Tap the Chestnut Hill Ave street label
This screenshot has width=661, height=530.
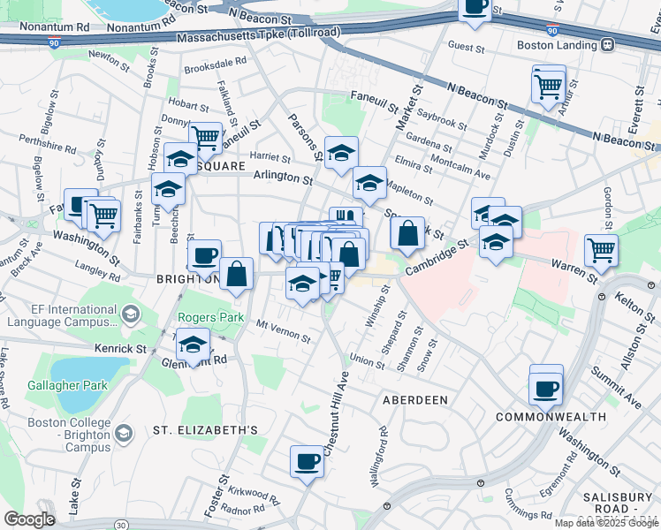(335, 415)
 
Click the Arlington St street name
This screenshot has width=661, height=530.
(283, 179)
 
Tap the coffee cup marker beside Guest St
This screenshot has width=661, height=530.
(475, 8)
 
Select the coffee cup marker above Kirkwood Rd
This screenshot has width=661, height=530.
(308, 461)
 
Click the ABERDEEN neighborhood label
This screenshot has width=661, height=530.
(414, 400)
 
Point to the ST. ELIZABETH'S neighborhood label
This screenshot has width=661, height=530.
(204, 430)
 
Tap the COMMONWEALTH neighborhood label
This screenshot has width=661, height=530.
(550, 416)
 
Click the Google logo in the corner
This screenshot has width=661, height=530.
(29, 519)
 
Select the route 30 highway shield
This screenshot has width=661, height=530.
(120, 525)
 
